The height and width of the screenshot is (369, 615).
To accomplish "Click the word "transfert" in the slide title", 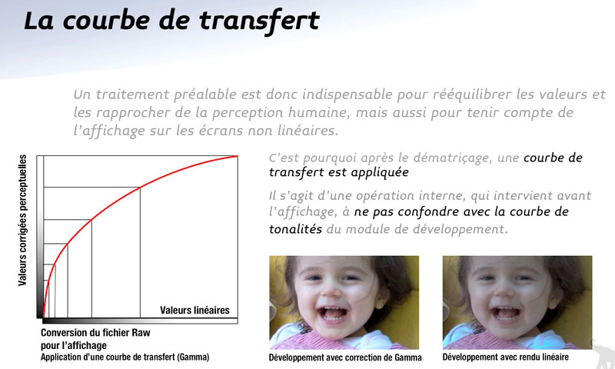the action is click(x=259, y=21).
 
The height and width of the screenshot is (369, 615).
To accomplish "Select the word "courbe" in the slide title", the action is click(x=105, y=21).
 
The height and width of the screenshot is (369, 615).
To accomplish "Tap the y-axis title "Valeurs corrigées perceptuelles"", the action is click(x=22, y=220).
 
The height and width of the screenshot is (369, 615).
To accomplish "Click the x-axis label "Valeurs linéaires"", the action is click(x=194, y=310).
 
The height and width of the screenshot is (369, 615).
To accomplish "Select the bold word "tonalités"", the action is click(x=295, y=228).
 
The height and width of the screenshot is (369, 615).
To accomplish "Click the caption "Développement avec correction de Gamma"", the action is click(x=345, y=357).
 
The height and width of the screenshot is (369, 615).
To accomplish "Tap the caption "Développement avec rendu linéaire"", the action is click(x=506, y=357).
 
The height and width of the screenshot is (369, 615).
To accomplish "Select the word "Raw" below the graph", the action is click(x=141, y=333).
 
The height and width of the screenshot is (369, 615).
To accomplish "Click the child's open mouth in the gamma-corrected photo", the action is click(x=333, y=313).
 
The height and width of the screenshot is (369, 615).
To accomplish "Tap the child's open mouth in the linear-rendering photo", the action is click(x=506, y=313).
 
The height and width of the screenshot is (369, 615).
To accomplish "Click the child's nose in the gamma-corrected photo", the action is click(x=331, y=289).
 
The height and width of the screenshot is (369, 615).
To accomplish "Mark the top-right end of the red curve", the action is click(x=238, y=156).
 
